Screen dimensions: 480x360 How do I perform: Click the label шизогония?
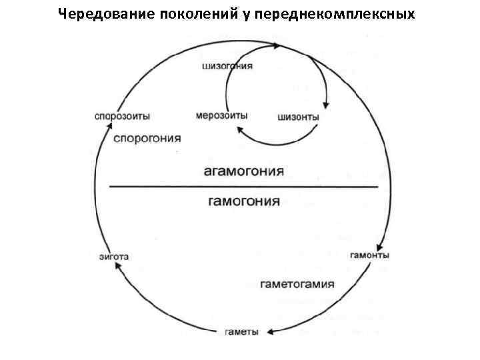point(225,67)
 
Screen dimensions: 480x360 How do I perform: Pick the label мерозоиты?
point(221,115)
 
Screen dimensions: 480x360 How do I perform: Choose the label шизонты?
point(298,118)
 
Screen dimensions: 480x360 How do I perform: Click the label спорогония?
point(147,139)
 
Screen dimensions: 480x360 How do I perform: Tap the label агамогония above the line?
point(243,172)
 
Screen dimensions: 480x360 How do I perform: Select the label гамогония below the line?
point(244,201)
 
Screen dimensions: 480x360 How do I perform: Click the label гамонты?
point(369,255)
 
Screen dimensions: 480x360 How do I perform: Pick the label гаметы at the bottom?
point(241,332)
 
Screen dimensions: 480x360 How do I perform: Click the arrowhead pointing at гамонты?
point(379,245)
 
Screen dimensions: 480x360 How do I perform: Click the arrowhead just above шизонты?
point(326,104)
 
